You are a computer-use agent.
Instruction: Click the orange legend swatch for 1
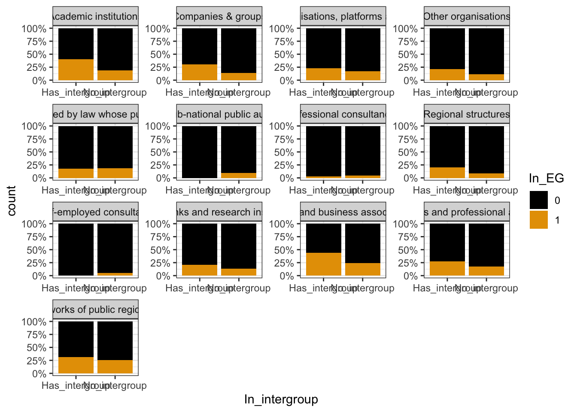(538, 220)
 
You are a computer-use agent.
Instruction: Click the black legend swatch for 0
(538, 200)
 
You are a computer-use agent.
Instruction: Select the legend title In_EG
(546, 178)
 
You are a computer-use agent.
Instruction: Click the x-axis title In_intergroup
(281, 399)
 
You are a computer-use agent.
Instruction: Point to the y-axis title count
(12, 200)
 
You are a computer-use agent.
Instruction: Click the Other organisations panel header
(467, 16)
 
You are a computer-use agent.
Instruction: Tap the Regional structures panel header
(467, 114)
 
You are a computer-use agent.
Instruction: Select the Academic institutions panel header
(95, 16)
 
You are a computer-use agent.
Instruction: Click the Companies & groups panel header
(219, 16)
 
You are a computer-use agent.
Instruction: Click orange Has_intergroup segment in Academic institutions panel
(76, 70)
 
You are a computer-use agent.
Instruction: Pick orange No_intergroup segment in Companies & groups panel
(239, 76)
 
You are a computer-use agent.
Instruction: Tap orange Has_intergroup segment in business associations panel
(324, 264)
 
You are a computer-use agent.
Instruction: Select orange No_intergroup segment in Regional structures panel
(486, 176)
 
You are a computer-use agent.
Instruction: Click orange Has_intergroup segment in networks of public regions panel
(76, 365)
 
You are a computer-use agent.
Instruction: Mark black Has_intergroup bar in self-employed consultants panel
(76, 249)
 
